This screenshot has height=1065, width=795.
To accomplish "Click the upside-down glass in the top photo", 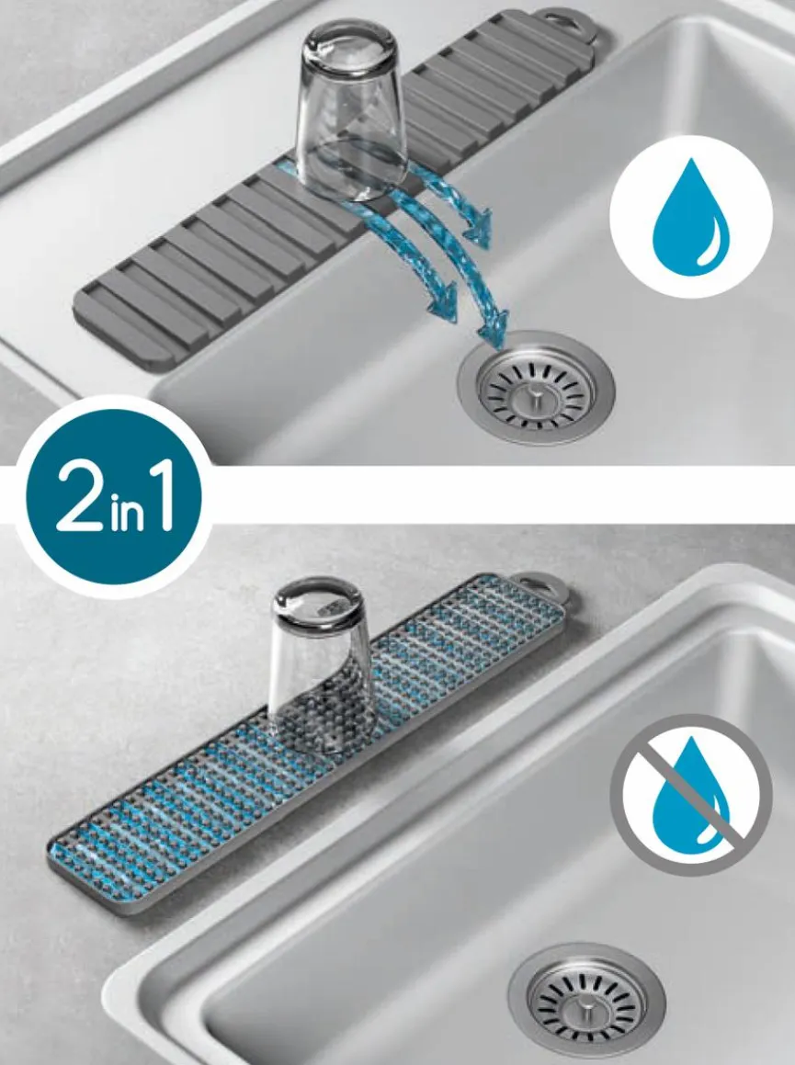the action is [350, 112].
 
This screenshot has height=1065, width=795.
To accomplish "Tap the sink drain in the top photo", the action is [536, 388].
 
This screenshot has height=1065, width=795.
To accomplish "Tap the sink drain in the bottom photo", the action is [586, 1000].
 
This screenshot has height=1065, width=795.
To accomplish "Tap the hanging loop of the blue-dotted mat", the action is [537, 585].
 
